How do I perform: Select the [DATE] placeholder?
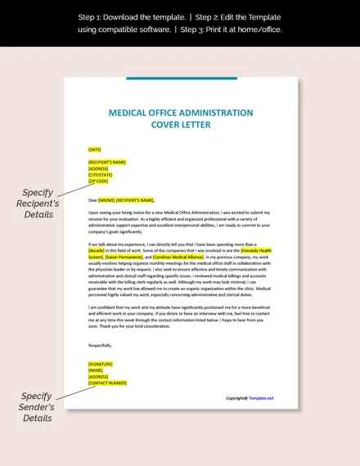[94, 150]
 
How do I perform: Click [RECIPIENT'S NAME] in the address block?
[107, 162]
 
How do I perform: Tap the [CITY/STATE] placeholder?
[100, 174]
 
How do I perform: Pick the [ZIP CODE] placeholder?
[97, 181]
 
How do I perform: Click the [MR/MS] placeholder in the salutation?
[106, 199]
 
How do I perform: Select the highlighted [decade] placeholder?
[97, 250]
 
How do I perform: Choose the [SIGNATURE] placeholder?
[100, 364]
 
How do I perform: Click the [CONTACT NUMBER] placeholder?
[107, 383]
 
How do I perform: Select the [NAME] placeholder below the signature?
[95, 370]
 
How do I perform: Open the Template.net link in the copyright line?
[262, 398]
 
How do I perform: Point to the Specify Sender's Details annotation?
[37, 406]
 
